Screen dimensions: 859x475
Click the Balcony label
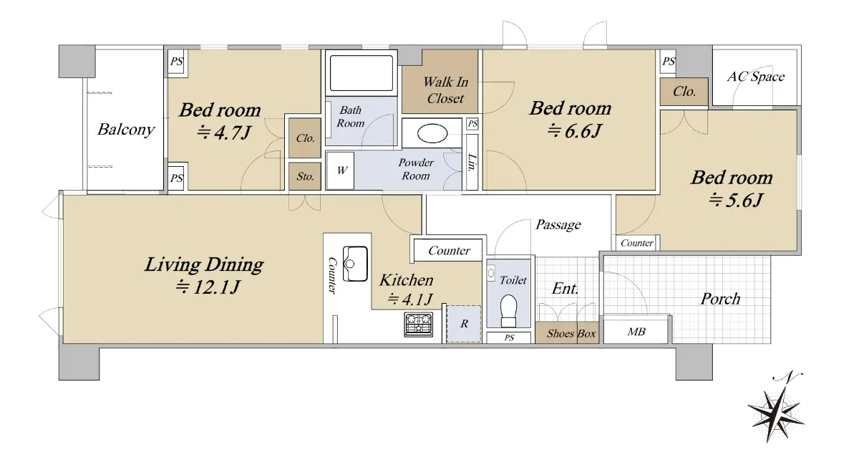pos(126,129)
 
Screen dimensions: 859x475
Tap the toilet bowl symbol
pos(508,311)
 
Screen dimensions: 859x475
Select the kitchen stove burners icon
pos(418,325)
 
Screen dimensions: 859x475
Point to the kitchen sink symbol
pos(355,264)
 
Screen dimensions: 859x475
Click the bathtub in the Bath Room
pos(361,73)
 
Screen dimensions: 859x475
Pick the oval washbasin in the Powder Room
pos(432,134)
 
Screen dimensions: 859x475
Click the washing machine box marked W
pos(340,170)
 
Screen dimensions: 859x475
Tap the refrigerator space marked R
pos(464,323)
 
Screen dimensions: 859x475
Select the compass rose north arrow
pos(777,411)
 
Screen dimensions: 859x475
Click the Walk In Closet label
pos(445,90)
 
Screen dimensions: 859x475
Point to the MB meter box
pos(636,330)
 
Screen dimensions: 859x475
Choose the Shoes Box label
pos(571,333)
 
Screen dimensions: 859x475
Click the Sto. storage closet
pos(305,176)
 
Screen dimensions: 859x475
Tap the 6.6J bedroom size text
pos(574,131)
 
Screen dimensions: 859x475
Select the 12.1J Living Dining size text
pos(208,287)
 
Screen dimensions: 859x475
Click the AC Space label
pos(755,77)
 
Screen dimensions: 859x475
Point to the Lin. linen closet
pos(472,162)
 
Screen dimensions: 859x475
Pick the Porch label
pos(720,299)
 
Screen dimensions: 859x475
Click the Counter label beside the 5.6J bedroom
pos(636,243)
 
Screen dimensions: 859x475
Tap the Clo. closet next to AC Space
pos(684,91)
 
